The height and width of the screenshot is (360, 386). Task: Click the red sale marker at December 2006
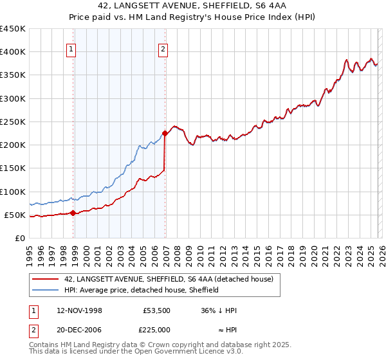(x=165, y=134)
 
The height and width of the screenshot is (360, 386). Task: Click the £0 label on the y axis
(x=19, y=238)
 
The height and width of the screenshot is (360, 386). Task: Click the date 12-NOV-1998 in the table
(x=80, y=310)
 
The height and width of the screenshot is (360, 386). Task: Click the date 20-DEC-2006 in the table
(x=80, y=329)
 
